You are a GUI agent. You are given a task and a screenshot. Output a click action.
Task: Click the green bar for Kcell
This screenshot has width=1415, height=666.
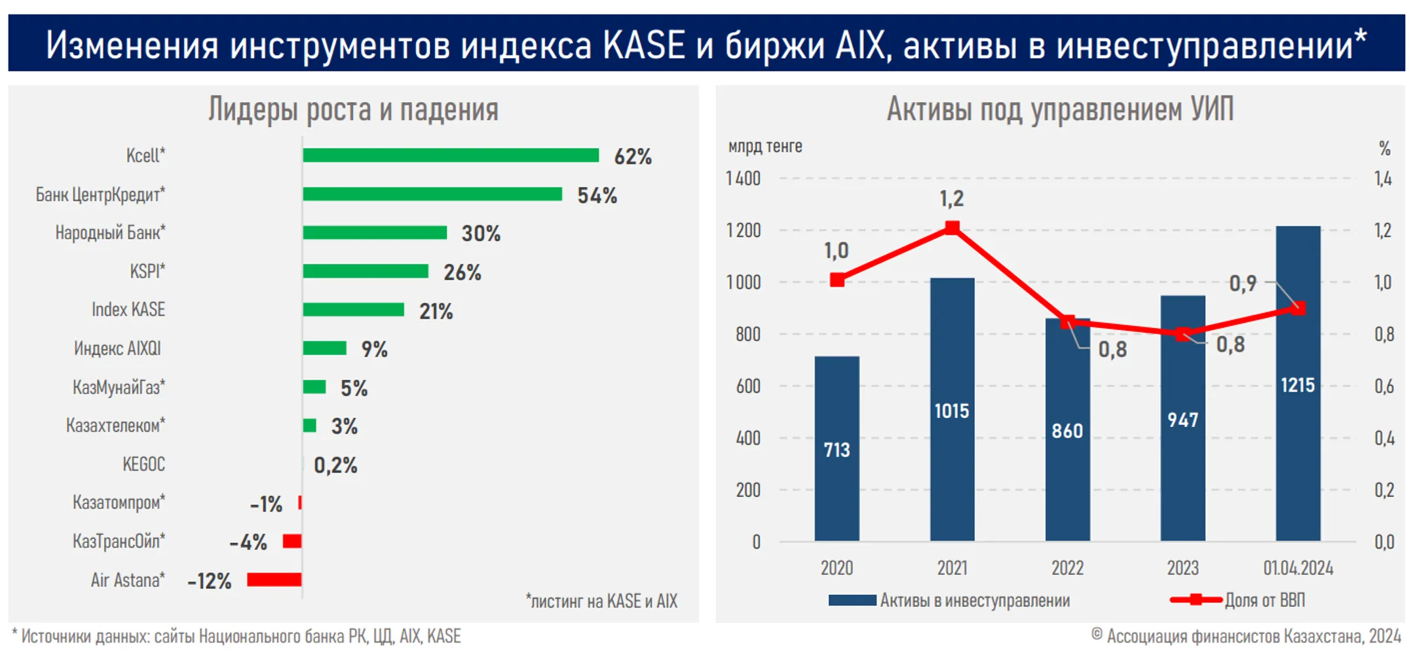tap(451, 155)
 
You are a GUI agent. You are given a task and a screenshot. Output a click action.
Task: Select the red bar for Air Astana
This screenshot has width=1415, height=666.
tap(274, 580)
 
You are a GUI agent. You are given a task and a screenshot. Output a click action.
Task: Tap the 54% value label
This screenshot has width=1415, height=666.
tap(597, 195)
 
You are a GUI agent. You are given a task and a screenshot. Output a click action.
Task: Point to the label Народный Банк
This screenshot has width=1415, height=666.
tap(110, 232)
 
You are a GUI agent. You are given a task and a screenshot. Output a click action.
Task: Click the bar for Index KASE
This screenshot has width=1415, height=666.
tap(353, 310)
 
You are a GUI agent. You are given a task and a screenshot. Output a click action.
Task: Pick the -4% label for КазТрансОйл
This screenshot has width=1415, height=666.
tap(248, 542)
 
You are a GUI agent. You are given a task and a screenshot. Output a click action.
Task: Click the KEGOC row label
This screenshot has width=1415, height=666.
tap(143, 464)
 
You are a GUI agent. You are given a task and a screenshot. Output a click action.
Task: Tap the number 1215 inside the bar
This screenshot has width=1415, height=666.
tap(1297, 385)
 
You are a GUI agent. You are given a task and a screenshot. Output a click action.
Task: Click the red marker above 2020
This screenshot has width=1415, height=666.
tap(837, 280)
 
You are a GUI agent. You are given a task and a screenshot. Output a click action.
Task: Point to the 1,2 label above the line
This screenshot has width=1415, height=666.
tap(951, 198)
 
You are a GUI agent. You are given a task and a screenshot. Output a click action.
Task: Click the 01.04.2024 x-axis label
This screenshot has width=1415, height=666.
tap(1298, 568)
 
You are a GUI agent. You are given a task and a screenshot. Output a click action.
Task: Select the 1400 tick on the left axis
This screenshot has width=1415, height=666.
tap(743, 178)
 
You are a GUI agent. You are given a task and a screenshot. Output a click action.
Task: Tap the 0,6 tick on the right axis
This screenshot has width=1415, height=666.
tap(1384, 386)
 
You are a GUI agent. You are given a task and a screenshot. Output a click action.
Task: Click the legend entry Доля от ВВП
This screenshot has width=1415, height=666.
tap(1264, 600)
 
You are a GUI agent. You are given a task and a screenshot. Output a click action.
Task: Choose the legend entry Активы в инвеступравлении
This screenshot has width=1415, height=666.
tap(974, 601)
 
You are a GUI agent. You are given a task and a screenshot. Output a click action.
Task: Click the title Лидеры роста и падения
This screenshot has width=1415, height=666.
tap(353, 109)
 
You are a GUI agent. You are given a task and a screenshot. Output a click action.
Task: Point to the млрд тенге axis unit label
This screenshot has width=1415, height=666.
tap(764, 146)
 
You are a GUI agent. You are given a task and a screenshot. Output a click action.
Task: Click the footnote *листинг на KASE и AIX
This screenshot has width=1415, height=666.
tap(601, 601)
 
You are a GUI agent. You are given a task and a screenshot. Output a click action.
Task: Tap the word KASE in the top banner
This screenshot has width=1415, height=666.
tap(643, 45)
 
